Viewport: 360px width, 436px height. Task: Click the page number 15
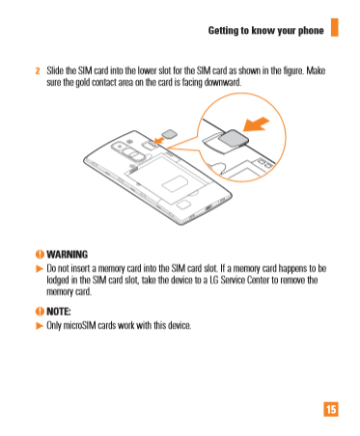click(x=331, y=409)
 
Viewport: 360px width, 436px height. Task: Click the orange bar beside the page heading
click(x=335, y=27)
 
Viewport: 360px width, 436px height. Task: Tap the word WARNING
click(x=67, y=255)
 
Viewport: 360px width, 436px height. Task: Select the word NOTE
click(x=58, y=312)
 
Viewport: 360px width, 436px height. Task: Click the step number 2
click(x=38, y=70)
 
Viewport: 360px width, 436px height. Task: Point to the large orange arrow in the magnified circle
click(x=256, y=124)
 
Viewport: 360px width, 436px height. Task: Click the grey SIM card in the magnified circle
click(x=234, y=141)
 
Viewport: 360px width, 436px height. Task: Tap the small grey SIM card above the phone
click(x=169, y=134)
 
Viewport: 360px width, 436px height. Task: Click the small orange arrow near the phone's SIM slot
click(x=159, y=140)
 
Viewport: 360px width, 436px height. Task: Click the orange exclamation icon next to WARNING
click(x=40, y=255)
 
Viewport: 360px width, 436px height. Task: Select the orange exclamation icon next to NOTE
click(x=40, y=312)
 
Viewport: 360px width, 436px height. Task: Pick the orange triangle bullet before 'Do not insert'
click(x=40, y=268)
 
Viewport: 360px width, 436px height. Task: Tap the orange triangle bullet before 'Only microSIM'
click(x=40, y=326)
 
